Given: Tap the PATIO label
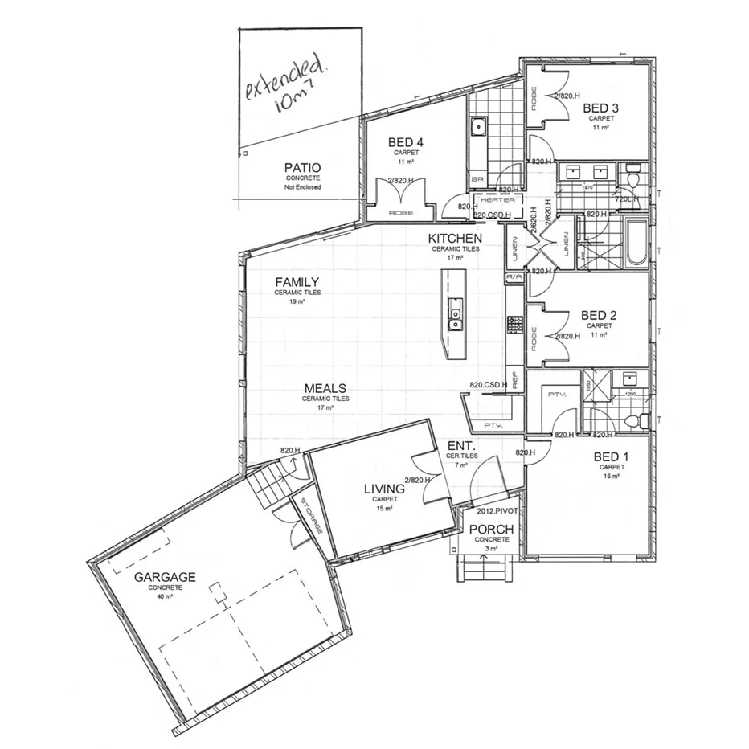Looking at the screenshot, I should (302, 168).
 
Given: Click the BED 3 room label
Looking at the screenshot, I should (601, 108).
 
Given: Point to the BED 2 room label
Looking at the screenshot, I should (599, 314).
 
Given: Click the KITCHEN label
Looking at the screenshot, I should (455, 239).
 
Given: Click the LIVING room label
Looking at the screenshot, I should (385, 488).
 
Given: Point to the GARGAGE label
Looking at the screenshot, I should (165, 577).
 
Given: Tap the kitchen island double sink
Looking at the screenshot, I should (455, 319).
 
